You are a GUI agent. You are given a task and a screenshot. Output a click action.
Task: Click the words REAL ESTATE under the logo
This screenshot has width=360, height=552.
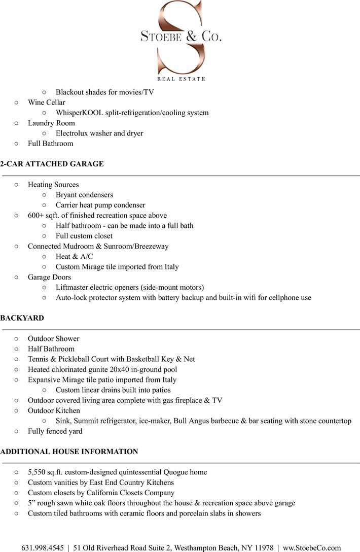pos(181,79)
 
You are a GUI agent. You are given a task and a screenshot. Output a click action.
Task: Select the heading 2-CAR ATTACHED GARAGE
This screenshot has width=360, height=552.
pos(52,164)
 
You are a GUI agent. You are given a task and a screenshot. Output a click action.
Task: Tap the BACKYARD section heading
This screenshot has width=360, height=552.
pos(22,318)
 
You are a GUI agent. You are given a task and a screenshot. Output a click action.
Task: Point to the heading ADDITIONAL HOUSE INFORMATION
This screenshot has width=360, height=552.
pos(69,452)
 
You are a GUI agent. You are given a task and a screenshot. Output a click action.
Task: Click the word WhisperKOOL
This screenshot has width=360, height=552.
pos(77,113)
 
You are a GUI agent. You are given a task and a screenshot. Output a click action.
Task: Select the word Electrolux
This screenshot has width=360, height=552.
pos(73,133)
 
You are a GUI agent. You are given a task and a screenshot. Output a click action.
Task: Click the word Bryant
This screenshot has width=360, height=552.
pos(66,195)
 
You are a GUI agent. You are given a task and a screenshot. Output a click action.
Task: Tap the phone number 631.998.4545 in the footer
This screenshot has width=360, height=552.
pos(43,548)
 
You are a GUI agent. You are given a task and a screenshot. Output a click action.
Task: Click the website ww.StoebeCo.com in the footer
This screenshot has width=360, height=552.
pos(312,548)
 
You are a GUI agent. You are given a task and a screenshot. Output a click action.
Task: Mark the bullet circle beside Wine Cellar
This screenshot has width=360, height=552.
pos(17,102)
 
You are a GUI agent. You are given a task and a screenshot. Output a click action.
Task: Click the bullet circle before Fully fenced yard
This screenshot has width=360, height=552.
pos(17,431)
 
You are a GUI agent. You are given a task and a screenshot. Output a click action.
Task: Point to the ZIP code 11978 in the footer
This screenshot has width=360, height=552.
pos(263,548)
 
